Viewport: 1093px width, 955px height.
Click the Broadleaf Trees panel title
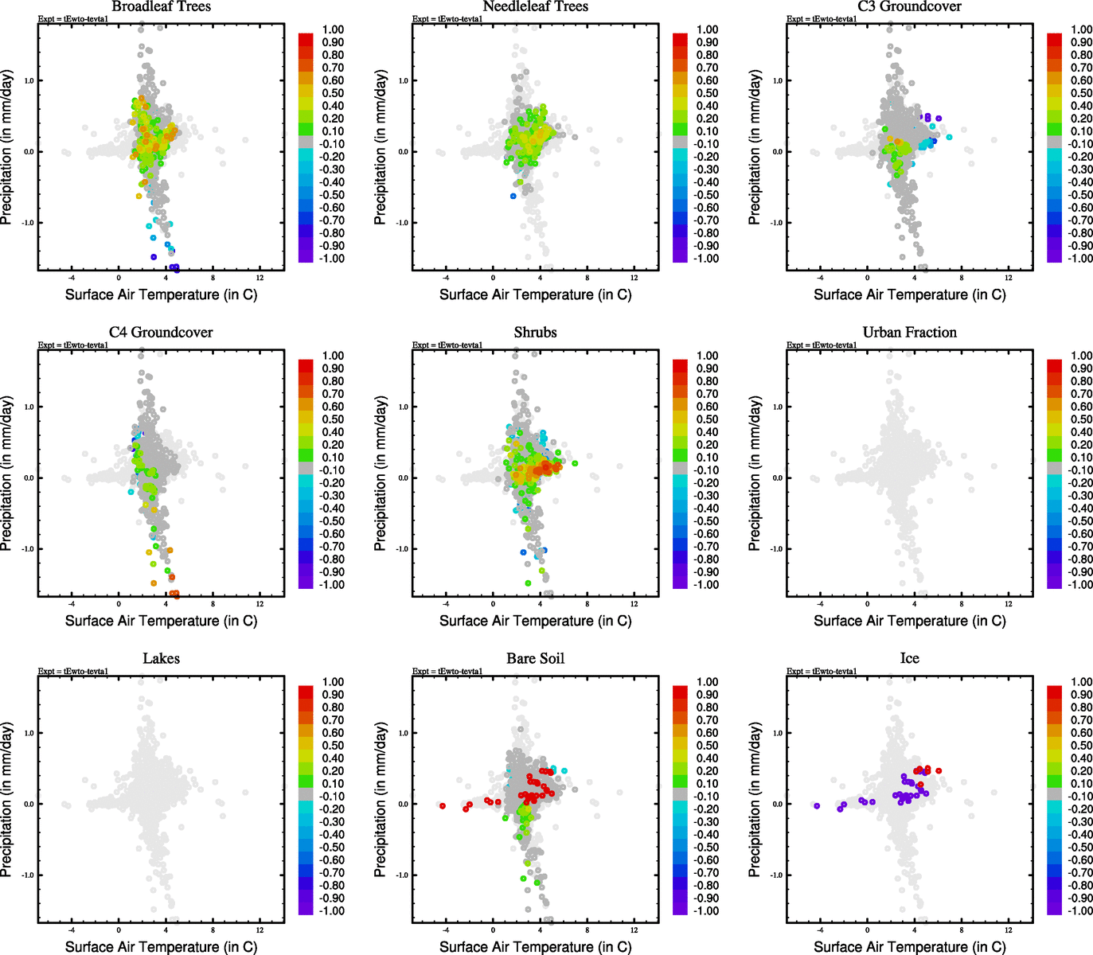161,6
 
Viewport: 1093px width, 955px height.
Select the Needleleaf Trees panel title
535,6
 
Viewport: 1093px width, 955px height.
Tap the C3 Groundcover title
909,6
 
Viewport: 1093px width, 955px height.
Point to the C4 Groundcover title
161,332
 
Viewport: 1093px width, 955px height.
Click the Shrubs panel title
535,332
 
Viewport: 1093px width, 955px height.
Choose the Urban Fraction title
909,332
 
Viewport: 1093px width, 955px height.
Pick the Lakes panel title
161,658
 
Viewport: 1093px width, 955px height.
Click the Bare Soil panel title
535,658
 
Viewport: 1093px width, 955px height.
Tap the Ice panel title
909,658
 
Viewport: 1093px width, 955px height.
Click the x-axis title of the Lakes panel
161,946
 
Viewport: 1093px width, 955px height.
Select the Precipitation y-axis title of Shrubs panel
381,474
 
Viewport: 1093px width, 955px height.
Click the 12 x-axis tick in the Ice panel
1008,930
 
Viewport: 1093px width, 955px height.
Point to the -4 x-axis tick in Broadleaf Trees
72,278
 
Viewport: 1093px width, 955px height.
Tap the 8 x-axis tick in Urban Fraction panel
961,604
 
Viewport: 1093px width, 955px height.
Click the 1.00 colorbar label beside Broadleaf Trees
333,29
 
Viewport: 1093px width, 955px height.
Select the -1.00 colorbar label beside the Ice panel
1080,910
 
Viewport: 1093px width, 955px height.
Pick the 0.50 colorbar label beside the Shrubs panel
707,419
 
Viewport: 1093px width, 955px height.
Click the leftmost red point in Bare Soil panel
443,806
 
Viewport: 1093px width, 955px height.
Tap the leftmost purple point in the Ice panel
817,806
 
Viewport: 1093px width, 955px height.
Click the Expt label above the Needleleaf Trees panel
447,19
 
